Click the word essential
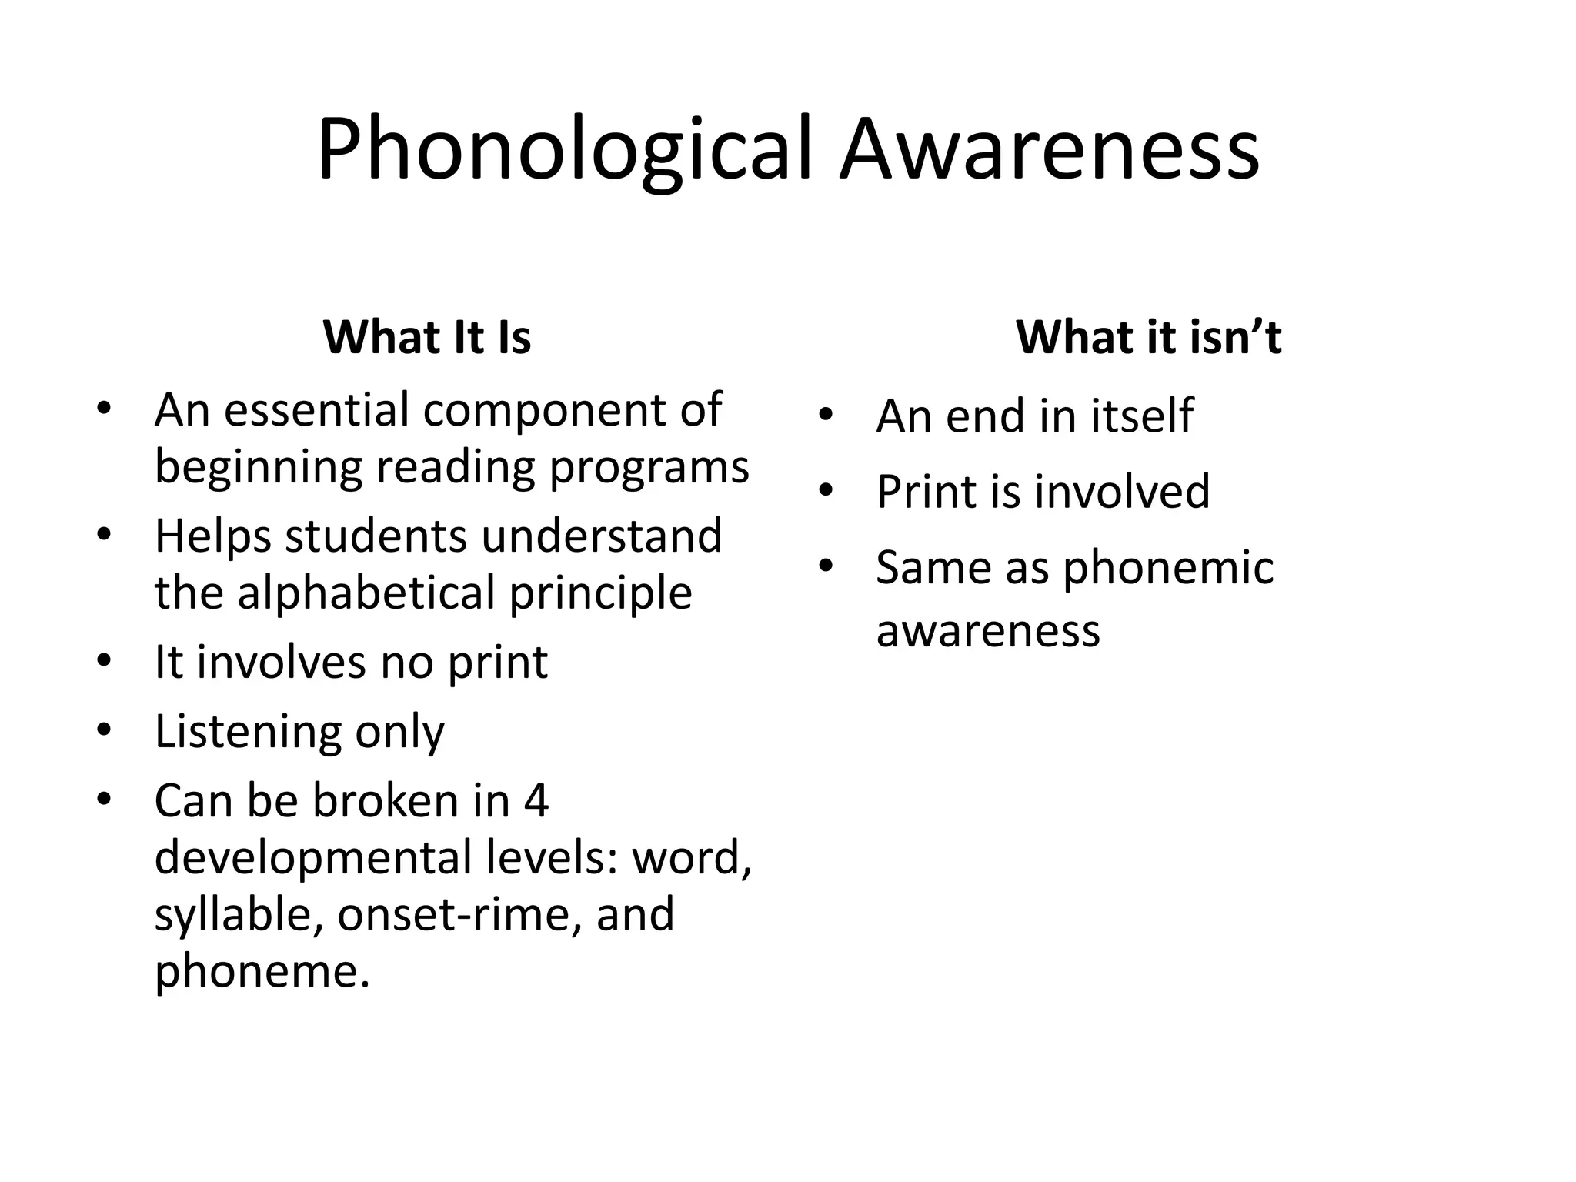(x=316, y=409)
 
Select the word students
(x=376, y=536)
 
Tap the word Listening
(x=248, y=731)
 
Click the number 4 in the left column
(x=536, y=800)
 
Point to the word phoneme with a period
(x=262, y=971)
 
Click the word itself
(x=1141, y=416)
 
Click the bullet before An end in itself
(x=826, y=416)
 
